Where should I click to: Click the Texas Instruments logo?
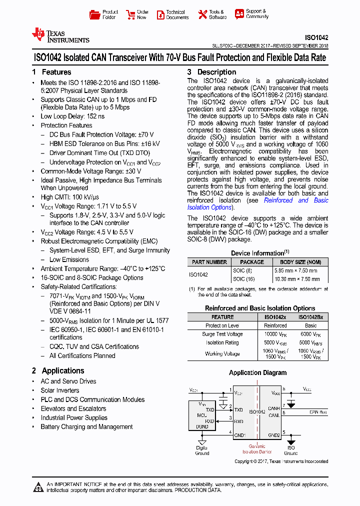tap(60, 35)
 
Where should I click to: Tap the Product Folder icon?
tap(94, 14)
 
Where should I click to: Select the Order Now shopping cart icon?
tap(130, 14)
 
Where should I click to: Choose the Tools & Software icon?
tap(202, 14)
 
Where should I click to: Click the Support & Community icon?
tap(239, 14)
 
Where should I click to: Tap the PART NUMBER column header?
tap(209, 262)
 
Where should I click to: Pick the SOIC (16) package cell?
tap(244, 279)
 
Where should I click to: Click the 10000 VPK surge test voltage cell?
tap(275, 334)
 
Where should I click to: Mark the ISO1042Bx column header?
tap(310, 317)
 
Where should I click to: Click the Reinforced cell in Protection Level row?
tap(275, 325)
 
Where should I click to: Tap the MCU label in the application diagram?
tap(201, 415)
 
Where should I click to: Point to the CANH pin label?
tap(274, 408)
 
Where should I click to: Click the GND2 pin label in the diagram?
tap(273, 435)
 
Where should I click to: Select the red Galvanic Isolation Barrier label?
tap(257, 448)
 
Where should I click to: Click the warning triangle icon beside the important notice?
tap(38, 486)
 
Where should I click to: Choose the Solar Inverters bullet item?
tap(60, 390)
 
